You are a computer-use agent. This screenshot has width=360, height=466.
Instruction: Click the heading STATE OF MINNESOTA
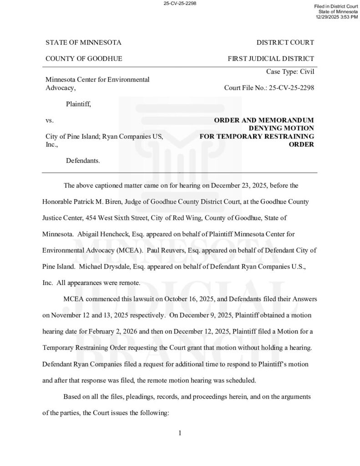tap(83, 43)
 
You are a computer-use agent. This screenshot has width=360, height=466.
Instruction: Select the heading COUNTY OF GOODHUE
tap(84, 59)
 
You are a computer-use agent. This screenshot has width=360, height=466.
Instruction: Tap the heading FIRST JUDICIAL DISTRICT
tap(271, 59)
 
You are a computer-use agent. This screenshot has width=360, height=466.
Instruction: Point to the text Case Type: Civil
tap(290, 71)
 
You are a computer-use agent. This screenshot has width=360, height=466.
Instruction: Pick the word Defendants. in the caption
tap(83, 161)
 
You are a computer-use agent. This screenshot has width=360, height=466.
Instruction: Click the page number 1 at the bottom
tap(180, 433)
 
